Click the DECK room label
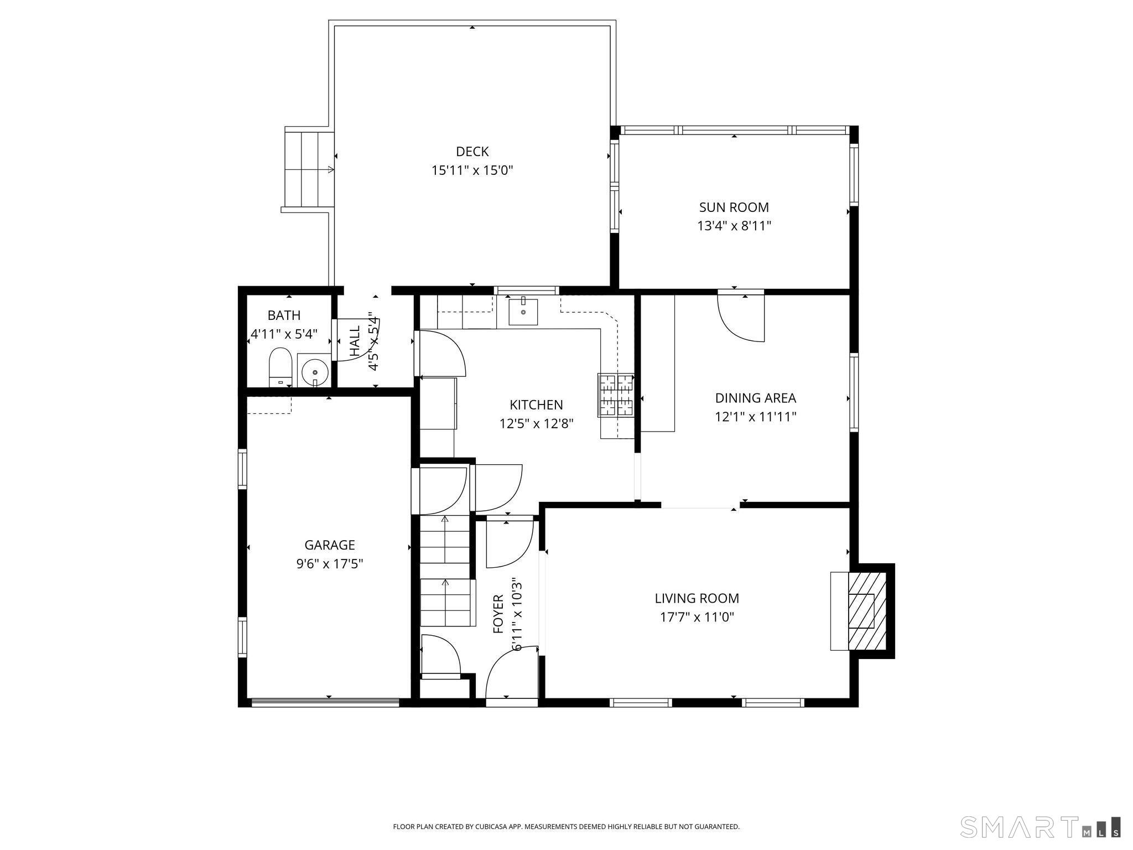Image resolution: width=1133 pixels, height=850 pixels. pyautogui.click(x=472, y=152)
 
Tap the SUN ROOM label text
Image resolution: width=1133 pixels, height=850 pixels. pyautogui.click(x=734, y=208)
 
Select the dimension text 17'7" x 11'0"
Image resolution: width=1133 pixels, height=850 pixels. pyautogui.click(x=697, y=617)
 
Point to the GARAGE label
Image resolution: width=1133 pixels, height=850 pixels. pyautogui.click(x=330, y=545)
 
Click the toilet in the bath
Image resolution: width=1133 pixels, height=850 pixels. pyautogui.click(x=280, y=367)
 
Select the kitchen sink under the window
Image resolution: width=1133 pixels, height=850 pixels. pyautogui.click(x=523, y=312)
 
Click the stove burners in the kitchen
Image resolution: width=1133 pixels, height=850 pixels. pyautogui.click(x=616, y=395)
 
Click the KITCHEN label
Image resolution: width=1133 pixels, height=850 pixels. pyautogui.click(x=536, y=405)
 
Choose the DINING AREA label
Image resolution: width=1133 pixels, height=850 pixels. pyautogui.click(x=756, y=398)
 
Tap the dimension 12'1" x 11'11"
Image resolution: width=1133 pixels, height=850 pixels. pyautogui.click(x=756, y=417)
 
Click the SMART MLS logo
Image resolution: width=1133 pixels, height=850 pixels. pyautogui.click(x=1041, y=827)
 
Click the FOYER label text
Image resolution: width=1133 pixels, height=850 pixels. pyautogui.click(x=498, y=614)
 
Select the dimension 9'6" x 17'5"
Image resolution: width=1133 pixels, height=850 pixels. pyautogui.click(x=330, y=564)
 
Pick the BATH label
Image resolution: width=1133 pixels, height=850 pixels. pyautogui.click(x=284, y=315)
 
